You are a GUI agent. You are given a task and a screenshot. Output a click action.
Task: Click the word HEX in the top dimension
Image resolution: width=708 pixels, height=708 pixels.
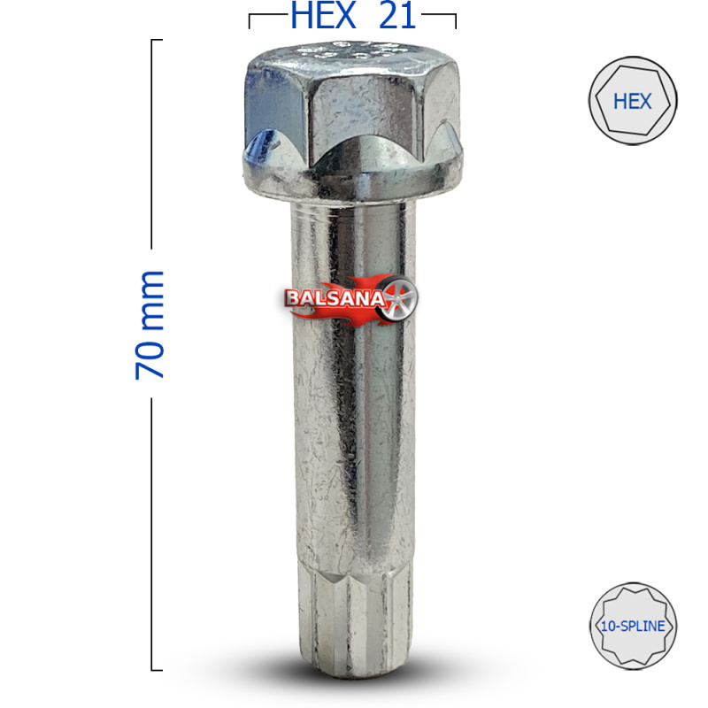[323, 16]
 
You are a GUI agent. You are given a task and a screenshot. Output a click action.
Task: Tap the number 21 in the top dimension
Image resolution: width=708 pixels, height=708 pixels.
[397, 16]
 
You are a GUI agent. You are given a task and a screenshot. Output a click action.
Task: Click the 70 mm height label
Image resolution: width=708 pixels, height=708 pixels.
[150, 325]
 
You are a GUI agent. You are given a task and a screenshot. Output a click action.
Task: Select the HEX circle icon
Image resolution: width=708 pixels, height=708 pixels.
[633, 100]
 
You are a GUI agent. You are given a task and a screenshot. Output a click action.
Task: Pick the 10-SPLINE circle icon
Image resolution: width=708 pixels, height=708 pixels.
[633, 626]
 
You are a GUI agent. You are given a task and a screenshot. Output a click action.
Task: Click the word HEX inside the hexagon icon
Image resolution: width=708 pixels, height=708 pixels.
[632, 101]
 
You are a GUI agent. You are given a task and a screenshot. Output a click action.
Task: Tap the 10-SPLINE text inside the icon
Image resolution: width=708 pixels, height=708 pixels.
[633, 627]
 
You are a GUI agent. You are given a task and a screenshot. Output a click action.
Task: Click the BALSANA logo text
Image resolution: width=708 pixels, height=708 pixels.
[335, 298]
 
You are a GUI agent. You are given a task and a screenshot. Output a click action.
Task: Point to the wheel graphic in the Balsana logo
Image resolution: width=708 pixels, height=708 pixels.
[399, 298]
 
